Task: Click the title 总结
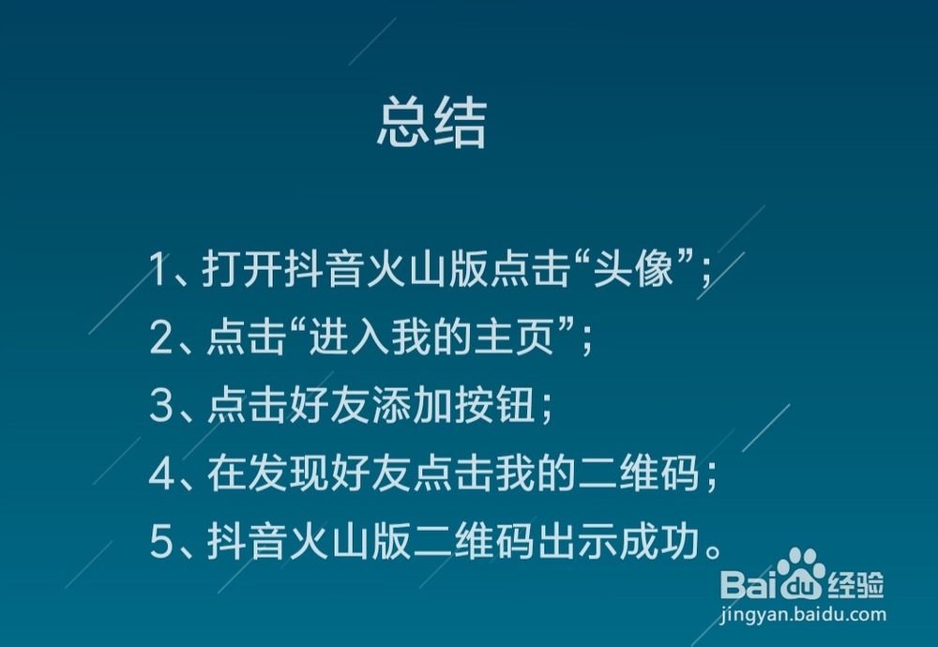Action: [x=432, y=125]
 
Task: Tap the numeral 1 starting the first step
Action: [x=159, y=271]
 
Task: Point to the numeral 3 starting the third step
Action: [x=160, y=407]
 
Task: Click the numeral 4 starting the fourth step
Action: [x=161, y=475]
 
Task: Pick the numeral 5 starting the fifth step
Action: [x=160, y=543]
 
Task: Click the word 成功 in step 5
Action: [x=652, y=543]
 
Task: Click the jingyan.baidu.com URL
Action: [x=803, y=615]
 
